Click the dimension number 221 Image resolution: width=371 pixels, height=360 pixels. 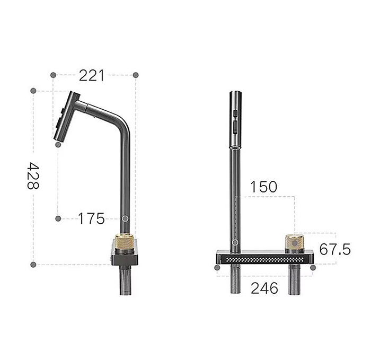(x=92, y=75)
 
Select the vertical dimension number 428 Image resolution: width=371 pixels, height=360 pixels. (x=33, y=176)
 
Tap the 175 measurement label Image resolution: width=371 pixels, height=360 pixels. (x=91, y=218)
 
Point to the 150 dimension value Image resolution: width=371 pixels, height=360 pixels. (x=263, y=187)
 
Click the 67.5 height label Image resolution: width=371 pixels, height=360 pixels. (x=334, y=249)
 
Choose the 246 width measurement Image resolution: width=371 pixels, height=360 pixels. (x=263, y=288)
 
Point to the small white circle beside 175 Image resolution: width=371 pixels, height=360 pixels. (x=125, y=218)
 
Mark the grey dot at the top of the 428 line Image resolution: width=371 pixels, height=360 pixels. (x=33, y=91)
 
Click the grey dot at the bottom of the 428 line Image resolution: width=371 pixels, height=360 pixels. (x=33, y=264)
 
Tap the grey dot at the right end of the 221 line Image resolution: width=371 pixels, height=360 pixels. (x=136, y=75)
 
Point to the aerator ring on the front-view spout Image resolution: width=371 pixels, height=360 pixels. (x=235, y=144)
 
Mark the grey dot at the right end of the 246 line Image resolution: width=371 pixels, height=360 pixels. (x=312, y=268)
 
